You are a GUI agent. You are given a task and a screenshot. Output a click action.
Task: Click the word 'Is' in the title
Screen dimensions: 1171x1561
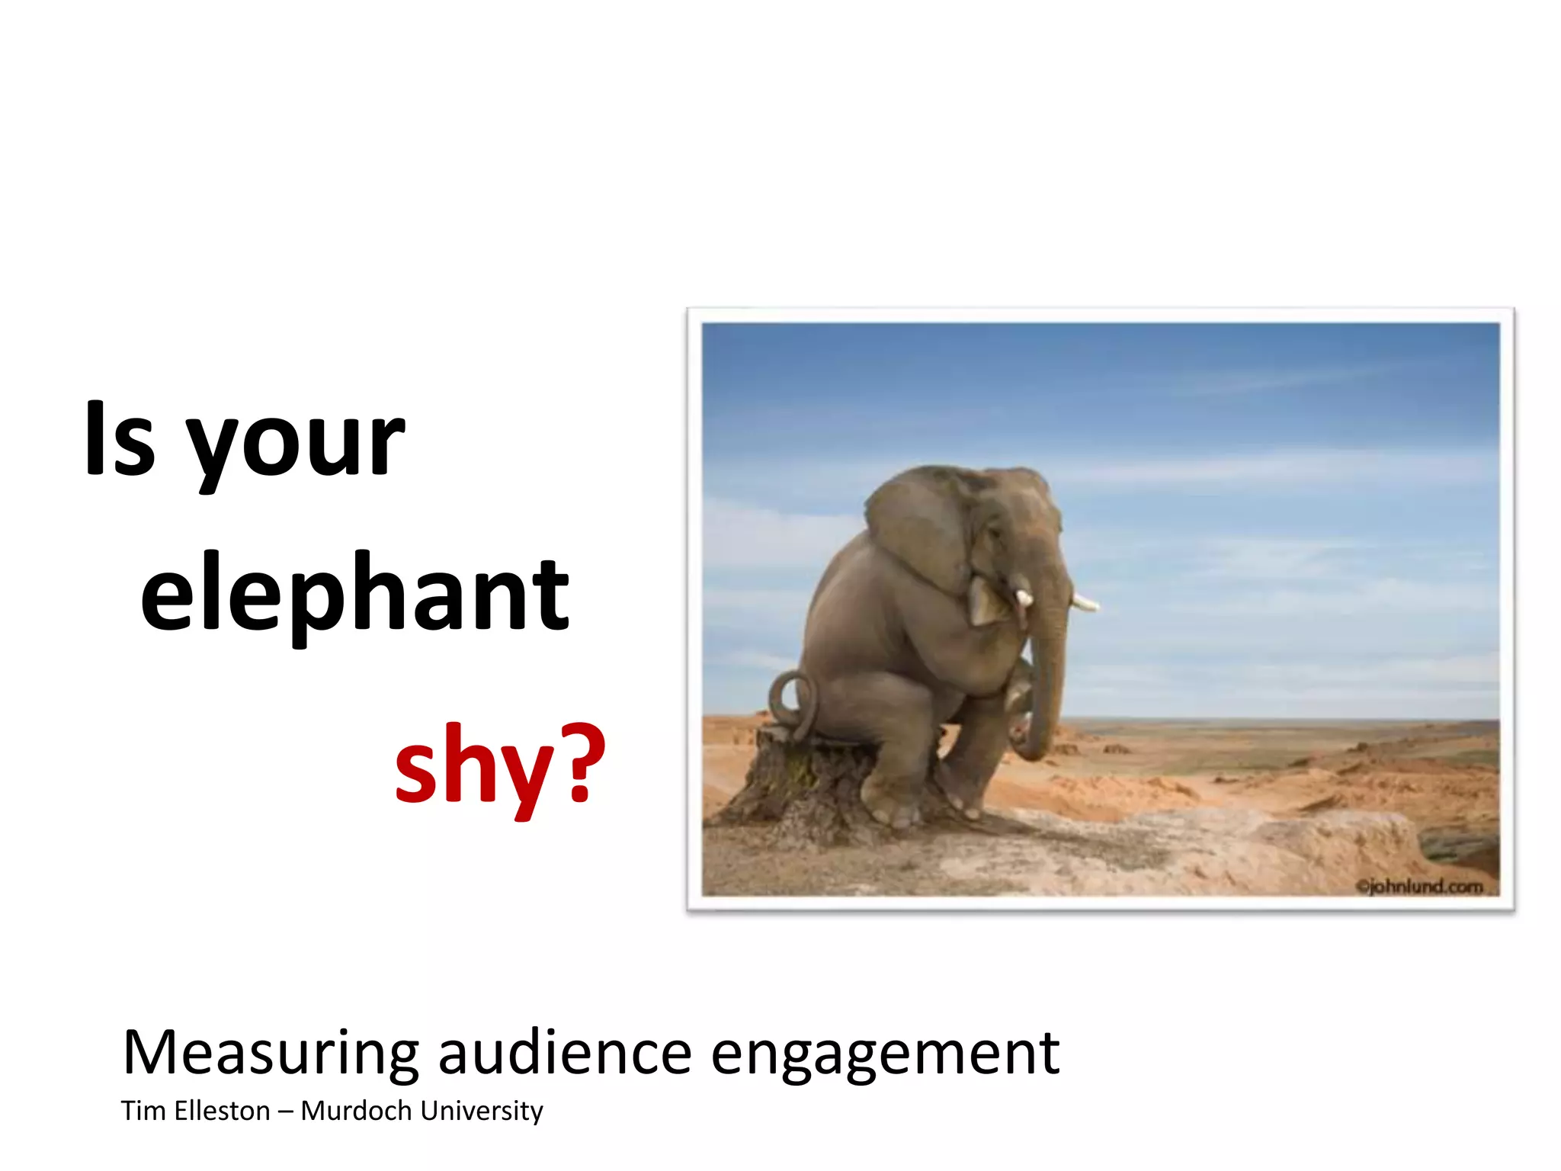pos(120,440)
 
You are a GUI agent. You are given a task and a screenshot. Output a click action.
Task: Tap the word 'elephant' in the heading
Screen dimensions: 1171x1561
pos(354,595)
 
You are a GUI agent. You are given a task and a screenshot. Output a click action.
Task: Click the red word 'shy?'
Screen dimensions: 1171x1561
pos(500,765)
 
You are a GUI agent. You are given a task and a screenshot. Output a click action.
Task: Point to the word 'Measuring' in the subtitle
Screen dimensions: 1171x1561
pos(271,1054)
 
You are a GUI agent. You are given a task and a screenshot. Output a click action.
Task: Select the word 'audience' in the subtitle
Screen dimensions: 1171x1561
pos(565,1054)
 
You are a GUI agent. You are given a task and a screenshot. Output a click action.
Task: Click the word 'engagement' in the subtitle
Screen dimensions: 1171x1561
pos(884,1057)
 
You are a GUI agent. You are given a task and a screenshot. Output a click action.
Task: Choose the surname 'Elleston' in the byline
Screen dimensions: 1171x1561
pos(222,1111)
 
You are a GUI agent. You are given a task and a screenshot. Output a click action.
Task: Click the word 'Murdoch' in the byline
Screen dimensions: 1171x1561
pos(356,1111)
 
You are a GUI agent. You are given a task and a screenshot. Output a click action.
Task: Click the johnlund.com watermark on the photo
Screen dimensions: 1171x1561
pos(1419,887)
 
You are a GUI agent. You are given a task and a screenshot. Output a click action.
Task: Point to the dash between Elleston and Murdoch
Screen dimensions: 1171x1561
pos(285,1112)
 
